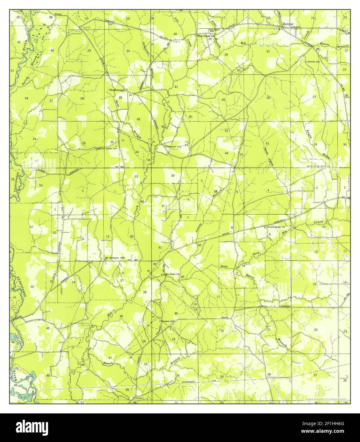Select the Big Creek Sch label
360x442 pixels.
(207, 36)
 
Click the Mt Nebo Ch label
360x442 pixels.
(172, 274)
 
